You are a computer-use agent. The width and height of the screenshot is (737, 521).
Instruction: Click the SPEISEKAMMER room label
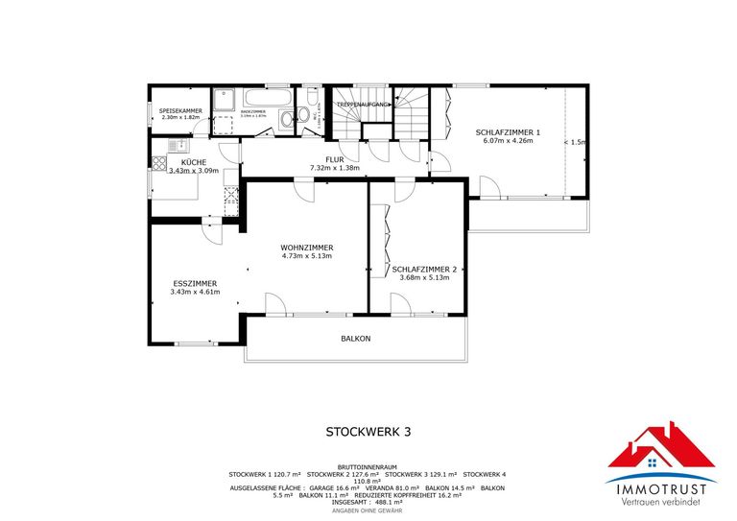(x=180, y=111)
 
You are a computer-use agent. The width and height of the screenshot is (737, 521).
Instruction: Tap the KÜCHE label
(x=193, y=162)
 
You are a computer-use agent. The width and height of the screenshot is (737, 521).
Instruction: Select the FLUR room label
(x=334, y=159)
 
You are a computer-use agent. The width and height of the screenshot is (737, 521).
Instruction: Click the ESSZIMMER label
(x=195, y=283)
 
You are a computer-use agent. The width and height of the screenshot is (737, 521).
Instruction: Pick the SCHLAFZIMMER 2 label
(x=424, y=270)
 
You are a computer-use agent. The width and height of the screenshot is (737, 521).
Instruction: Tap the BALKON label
(x=355, y=339)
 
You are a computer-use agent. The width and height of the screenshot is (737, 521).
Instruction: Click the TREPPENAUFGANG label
(x=363, y=104)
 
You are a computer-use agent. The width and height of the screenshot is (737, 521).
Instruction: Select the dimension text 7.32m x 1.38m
(x=334, y=168)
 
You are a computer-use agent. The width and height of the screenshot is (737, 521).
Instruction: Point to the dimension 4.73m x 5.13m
(x=306, y=256)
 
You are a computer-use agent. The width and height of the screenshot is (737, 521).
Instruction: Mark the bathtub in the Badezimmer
(x=260, y=98)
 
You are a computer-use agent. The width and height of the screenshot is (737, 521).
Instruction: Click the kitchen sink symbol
(x=178, y=145)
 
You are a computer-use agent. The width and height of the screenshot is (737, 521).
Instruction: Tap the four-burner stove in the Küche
(x=230, y=197)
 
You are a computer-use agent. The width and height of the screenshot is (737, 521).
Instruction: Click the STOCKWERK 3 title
(x=368, y=433)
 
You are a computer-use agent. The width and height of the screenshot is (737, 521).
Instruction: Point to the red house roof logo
(x=661, y=451)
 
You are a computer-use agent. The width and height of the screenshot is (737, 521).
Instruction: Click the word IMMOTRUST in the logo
(x=661, y=489)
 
